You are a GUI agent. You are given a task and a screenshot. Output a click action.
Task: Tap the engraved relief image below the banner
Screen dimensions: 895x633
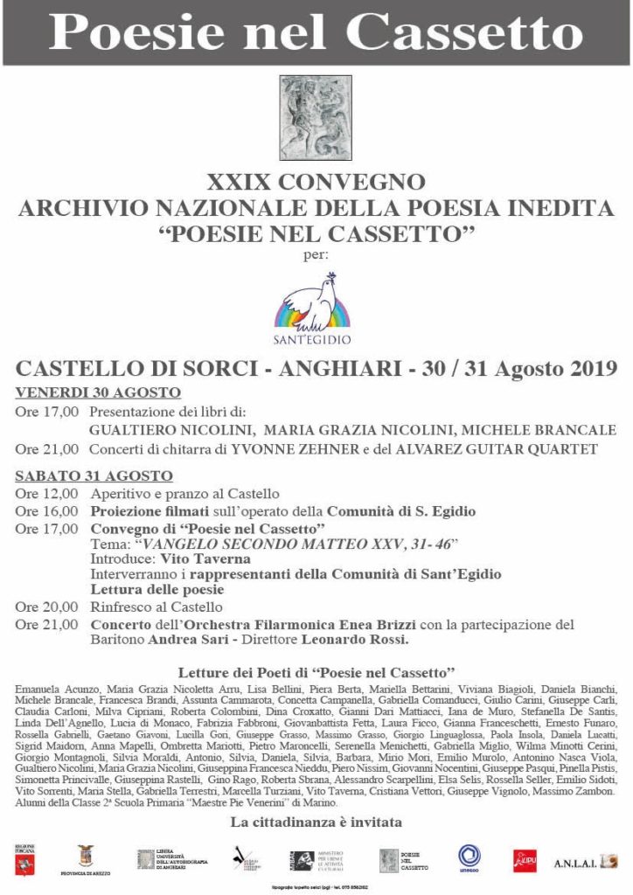click(316, 118)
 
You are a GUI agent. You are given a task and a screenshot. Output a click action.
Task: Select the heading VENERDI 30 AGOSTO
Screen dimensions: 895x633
click(98, 392)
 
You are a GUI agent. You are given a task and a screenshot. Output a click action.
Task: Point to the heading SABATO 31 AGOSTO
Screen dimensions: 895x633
click(94, 475)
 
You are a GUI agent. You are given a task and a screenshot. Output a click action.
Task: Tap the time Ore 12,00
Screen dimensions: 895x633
click(46, 494)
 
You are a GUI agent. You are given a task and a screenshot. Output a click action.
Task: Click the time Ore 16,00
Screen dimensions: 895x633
click(46, 510)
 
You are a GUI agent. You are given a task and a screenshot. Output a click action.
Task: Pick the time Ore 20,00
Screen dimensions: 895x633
click(46, 607)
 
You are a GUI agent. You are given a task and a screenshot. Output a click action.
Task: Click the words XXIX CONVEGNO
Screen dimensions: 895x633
click(316, 183)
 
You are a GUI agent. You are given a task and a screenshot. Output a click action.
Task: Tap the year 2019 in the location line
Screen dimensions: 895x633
click(585, 368)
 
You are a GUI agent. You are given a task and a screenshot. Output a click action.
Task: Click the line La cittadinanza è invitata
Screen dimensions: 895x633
click(316, 822)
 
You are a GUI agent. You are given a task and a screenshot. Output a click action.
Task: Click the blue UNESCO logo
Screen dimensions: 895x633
click(470, 857)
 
